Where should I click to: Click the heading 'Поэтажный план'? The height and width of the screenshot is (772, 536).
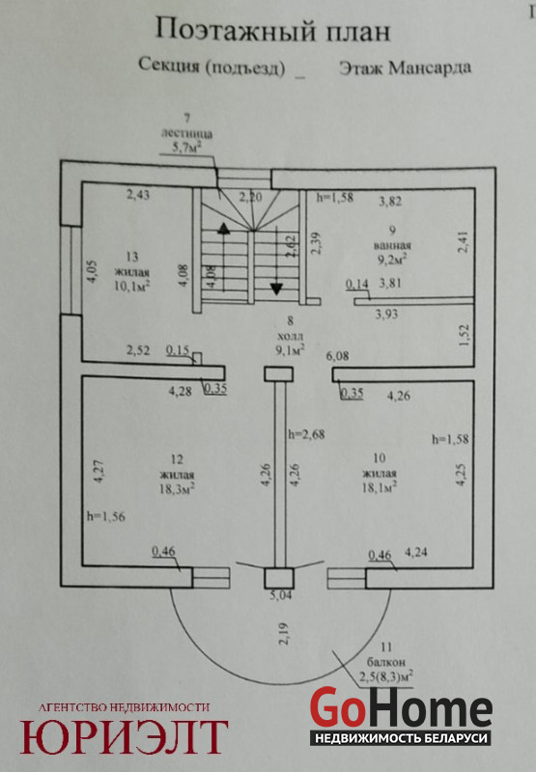click(273, 31)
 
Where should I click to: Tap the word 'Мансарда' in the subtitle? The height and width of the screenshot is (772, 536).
click(430, 68)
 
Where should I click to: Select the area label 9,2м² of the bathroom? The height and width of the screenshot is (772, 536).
click(392, 259)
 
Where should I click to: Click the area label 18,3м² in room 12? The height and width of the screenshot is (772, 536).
click(177, 488)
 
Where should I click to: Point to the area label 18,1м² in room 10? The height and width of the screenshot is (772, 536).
click(380, 487)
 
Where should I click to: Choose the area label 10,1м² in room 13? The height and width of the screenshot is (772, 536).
click(132, 286)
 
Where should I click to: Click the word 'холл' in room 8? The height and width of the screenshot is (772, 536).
click(290, 336)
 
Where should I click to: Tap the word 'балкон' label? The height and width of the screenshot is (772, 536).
click(386, 662)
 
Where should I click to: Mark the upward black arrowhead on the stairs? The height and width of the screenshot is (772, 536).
click(224, 228)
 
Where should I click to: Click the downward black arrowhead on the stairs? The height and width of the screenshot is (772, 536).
click(276, 289)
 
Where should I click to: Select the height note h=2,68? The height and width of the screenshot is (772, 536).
click(306, 434)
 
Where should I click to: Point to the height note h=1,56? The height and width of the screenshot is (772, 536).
click(106, 516)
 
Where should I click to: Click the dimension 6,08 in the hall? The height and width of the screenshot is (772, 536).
click(337, 355)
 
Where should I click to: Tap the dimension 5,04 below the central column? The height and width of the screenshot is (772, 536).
click(280, 595)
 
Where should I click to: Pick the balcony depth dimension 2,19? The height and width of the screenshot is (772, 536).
click(285, 634)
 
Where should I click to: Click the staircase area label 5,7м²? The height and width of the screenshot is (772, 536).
click(185, 147)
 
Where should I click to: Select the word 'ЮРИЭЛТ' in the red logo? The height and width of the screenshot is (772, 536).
click(124, 736)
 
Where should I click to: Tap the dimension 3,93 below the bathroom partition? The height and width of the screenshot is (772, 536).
click(386, 314)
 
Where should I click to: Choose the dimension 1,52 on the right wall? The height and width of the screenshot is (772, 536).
click(465, 335)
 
